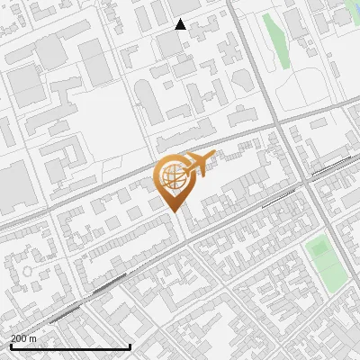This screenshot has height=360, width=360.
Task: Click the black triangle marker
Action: pos(180,24)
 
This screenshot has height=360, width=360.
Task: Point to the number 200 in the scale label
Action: pos(19,338)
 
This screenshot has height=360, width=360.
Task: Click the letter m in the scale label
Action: pos(33,338)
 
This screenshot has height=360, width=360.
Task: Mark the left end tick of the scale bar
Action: pos(10,346)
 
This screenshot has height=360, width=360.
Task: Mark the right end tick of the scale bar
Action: pos(130,346)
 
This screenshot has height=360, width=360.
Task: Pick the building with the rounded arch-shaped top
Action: pos(151,106)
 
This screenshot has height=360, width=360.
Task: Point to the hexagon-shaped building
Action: pos(241,79)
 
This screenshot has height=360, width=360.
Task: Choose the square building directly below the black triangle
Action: pos(169,43)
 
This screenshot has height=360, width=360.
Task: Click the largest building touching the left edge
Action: pos(13,184)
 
